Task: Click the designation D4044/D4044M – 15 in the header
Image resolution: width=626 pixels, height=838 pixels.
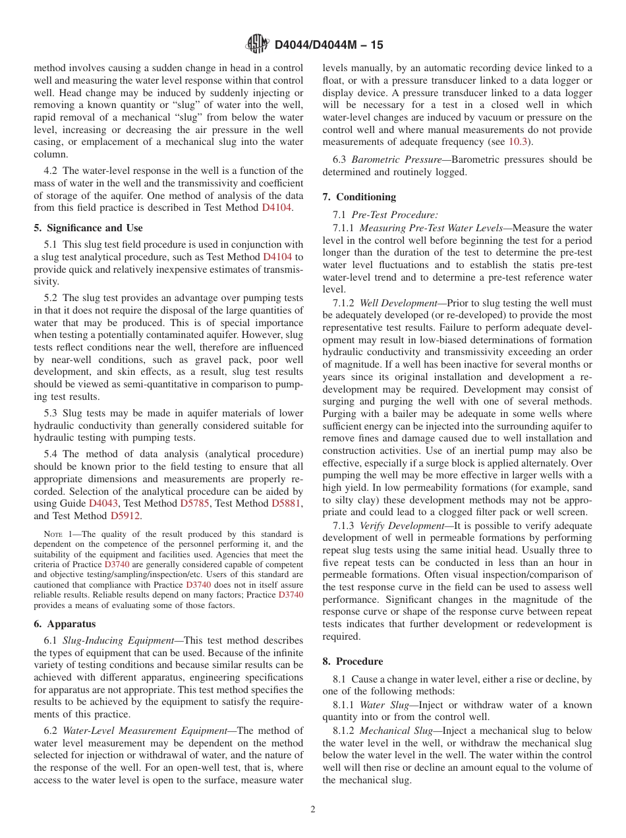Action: coord(328,45)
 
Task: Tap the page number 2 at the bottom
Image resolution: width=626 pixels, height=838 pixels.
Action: coord(313,810)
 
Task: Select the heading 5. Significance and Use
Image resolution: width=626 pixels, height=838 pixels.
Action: coord(88,228)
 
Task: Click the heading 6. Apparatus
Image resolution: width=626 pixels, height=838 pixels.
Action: coord(65,624)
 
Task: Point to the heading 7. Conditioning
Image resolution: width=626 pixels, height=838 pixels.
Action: coord(359,197)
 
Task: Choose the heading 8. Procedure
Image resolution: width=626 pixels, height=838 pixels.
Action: coord(353,661)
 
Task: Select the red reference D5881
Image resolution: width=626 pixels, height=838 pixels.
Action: coord(286,504)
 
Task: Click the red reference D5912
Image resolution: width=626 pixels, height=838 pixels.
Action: coord(125,517)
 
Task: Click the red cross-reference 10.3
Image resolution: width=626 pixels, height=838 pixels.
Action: coord(519,142)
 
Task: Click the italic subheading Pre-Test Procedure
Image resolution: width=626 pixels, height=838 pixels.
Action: coord(394,215)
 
